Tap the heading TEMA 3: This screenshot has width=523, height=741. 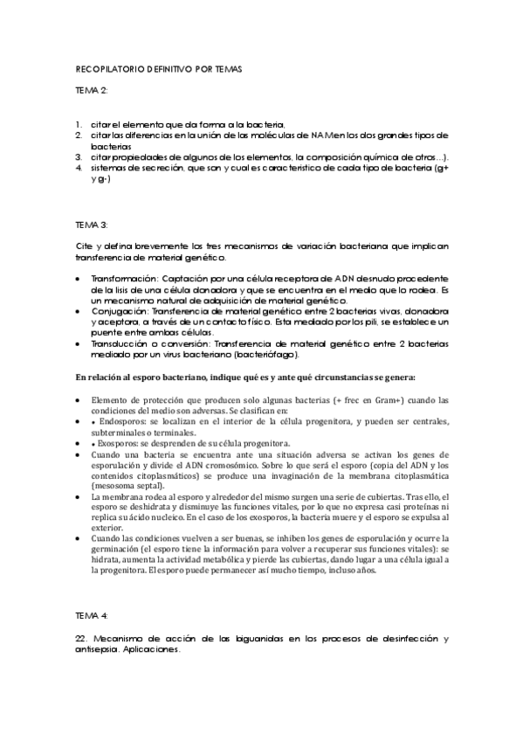[x=91, y=225]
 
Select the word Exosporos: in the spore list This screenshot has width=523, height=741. [x=124, y=444]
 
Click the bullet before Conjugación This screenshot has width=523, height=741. [x=79, y=312]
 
